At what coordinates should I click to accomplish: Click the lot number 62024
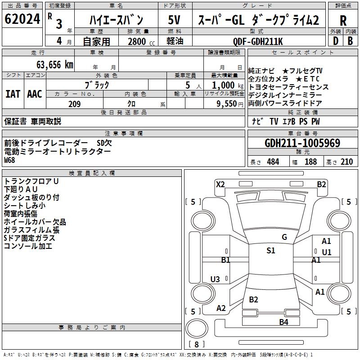pos(22,20)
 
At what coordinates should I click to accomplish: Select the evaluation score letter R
pos(343,21)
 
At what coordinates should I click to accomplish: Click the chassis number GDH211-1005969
pos(302,143)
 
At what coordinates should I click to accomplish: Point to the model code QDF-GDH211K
pos(258,41)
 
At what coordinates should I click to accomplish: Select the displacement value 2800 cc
pos(138,41)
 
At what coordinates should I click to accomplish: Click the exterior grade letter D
pos(335,41)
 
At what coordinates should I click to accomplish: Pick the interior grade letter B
pos(350,41)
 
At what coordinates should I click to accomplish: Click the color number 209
pos(74,104)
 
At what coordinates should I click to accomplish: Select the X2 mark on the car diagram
pos(220,184)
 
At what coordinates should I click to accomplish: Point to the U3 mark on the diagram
pos(215,279)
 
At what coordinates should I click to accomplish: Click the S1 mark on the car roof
pos(270,251)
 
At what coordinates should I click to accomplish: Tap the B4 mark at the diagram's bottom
pos(283,322)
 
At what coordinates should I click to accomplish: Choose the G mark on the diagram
pos(284,237)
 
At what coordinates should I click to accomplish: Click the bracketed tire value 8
pos(197,344)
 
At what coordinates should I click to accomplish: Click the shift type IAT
pos(13,94)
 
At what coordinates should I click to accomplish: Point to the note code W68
pos(10,160)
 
